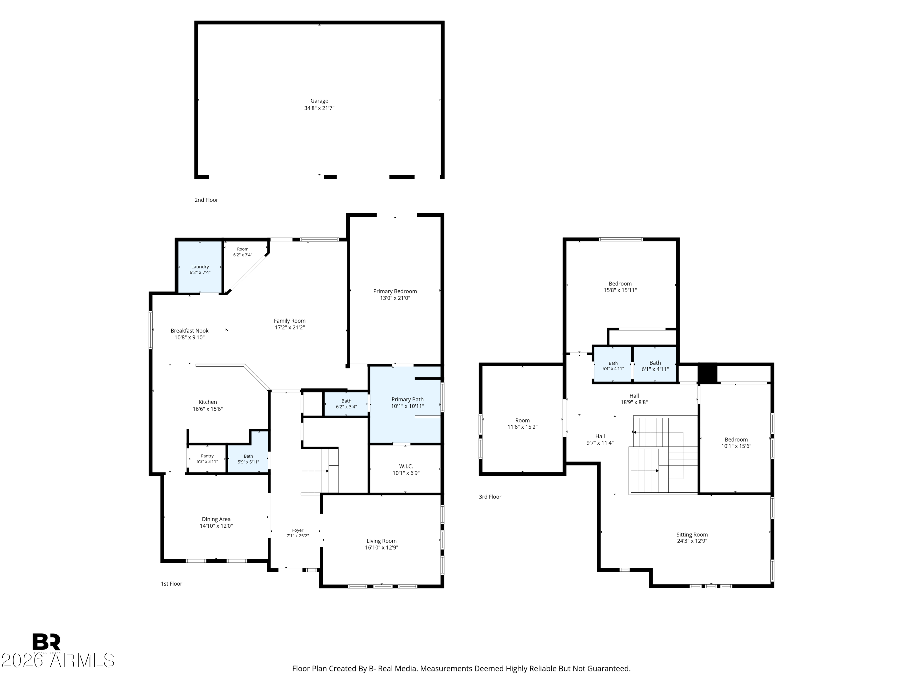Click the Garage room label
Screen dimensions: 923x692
(319, 101)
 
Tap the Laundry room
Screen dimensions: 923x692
(200, 267)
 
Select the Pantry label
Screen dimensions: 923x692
(207, 456)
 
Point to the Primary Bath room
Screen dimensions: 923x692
(405, 405)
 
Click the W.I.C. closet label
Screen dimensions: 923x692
(406, 466)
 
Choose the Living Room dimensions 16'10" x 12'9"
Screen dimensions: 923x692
(382, 548)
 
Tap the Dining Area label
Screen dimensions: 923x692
(216, 519)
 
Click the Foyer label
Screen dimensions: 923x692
(298, 530)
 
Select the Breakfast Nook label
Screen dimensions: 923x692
(190, 331)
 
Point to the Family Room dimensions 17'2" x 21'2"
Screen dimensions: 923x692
(290, 328)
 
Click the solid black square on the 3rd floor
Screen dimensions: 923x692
(707, 374)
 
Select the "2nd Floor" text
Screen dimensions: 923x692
(206, 200)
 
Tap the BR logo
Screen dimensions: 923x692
(46, 642)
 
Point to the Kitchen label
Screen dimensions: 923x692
(207, 402)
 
